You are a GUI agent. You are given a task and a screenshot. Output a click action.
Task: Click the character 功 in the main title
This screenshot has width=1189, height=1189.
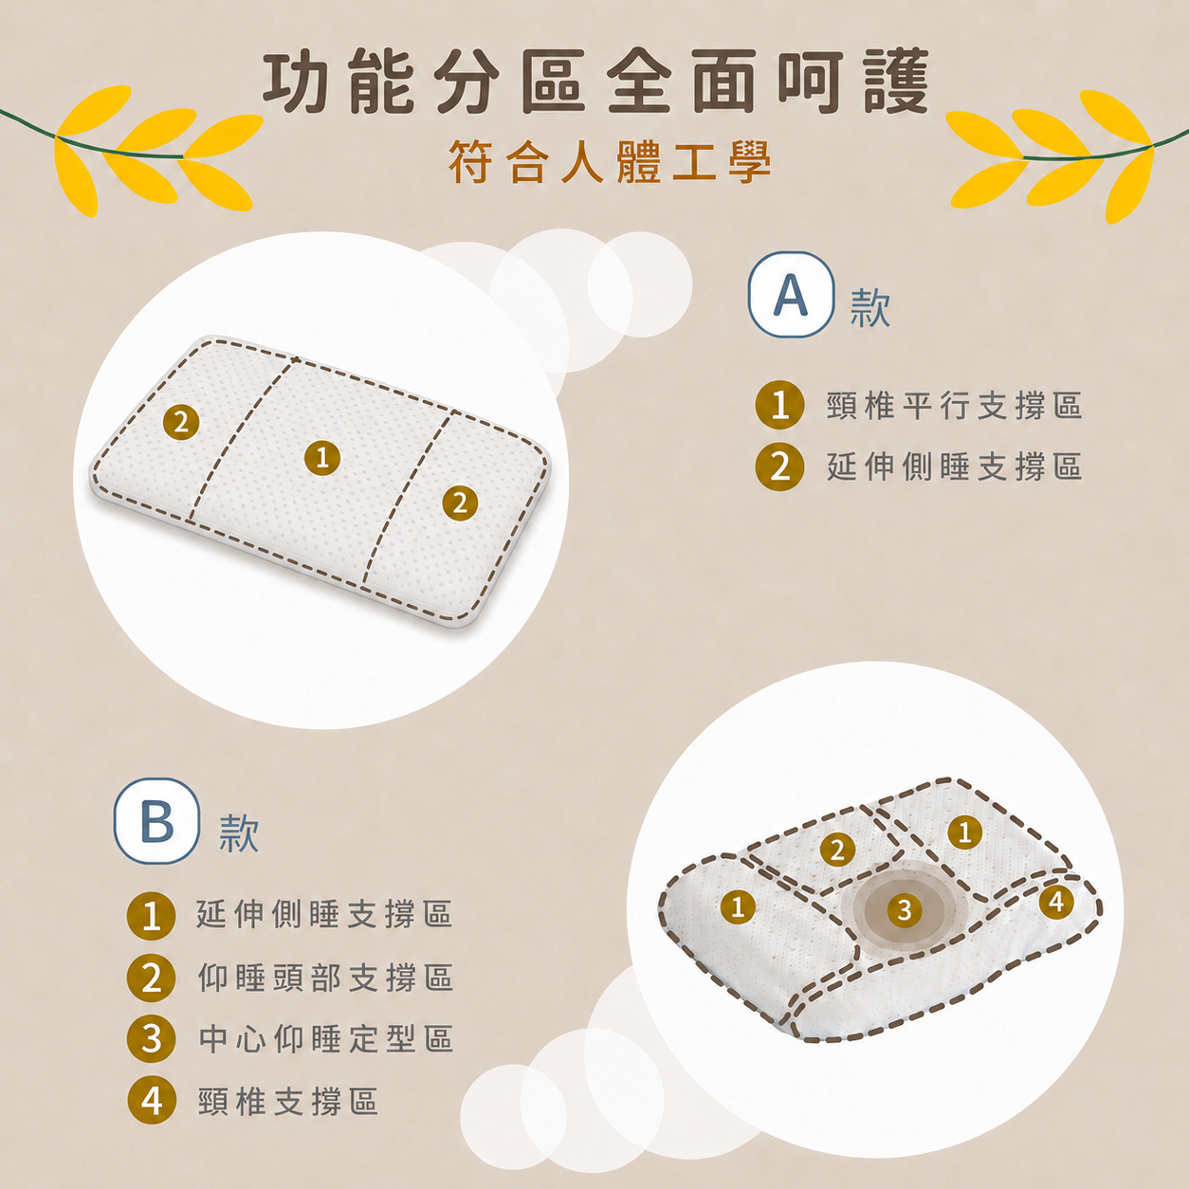[295, 82]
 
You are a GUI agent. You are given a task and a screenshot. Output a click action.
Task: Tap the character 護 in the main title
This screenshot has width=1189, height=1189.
[897, 82]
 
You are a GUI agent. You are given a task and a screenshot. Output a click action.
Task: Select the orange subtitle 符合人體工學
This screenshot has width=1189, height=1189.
[610, 162]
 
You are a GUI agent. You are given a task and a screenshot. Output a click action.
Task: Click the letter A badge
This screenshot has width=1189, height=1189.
[791, 294]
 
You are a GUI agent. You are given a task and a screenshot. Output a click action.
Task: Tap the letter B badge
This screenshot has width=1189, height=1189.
[156, 821]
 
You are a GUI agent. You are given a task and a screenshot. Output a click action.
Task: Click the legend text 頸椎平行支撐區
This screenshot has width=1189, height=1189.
[954, 406]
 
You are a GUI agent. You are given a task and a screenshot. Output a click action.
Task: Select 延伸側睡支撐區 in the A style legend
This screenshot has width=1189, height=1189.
[954, 466]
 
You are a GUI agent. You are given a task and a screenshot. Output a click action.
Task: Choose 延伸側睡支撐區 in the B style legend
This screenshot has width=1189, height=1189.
[324, 914]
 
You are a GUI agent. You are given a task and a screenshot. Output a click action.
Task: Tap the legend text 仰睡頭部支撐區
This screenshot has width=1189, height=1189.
[325, 978]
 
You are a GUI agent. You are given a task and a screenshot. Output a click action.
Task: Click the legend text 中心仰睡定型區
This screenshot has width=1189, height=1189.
[325, 1038]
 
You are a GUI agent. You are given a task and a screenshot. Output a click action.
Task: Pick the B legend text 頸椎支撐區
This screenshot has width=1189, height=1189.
[287, 1102]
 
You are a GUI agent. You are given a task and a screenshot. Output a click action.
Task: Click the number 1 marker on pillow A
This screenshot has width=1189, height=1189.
[322, 458]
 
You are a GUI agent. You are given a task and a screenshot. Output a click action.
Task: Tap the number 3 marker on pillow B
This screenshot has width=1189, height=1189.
[905, 909]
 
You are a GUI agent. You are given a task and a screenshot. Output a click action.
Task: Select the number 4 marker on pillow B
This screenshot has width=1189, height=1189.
[1056, 902]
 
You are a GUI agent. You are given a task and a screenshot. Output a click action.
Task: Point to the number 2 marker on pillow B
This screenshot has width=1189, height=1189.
[837, 851]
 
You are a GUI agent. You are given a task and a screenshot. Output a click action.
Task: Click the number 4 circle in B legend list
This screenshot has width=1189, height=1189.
[152, 1100]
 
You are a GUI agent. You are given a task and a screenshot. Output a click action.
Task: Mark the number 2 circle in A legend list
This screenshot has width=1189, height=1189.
[780, 466]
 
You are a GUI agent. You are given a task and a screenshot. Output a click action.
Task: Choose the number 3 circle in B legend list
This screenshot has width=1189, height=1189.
[151, 1038]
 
